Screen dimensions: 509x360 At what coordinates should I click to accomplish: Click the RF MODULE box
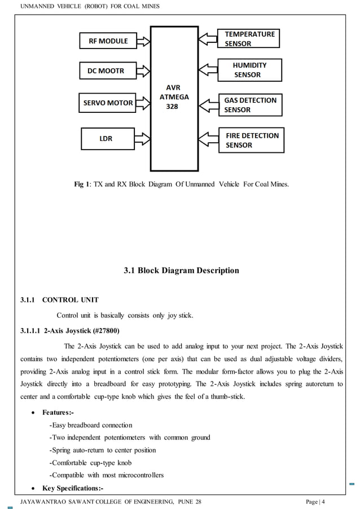click(x=107, y=41)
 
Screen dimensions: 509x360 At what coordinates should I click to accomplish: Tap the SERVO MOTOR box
click(x=108, y=103)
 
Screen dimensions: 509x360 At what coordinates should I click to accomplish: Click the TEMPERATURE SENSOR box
click(x=250, y=38)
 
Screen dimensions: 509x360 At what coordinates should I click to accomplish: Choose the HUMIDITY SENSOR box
click(x=250, y=69)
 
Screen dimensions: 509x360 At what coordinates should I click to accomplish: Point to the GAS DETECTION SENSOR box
click(x=251, y=104)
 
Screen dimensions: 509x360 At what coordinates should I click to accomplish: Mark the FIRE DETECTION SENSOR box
click(x=251, y=140)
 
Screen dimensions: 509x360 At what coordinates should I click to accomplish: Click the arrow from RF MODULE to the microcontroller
click(x=143, y=41)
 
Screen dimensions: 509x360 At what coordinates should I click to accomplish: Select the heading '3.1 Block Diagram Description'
click(x=181, y=270)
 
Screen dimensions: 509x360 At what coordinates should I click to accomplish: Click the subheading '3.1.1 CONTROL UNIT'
click(x=59, y=300)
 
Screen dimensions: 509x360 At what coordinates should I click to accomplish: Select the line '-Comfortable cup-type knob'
click(x=90, y=463)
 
